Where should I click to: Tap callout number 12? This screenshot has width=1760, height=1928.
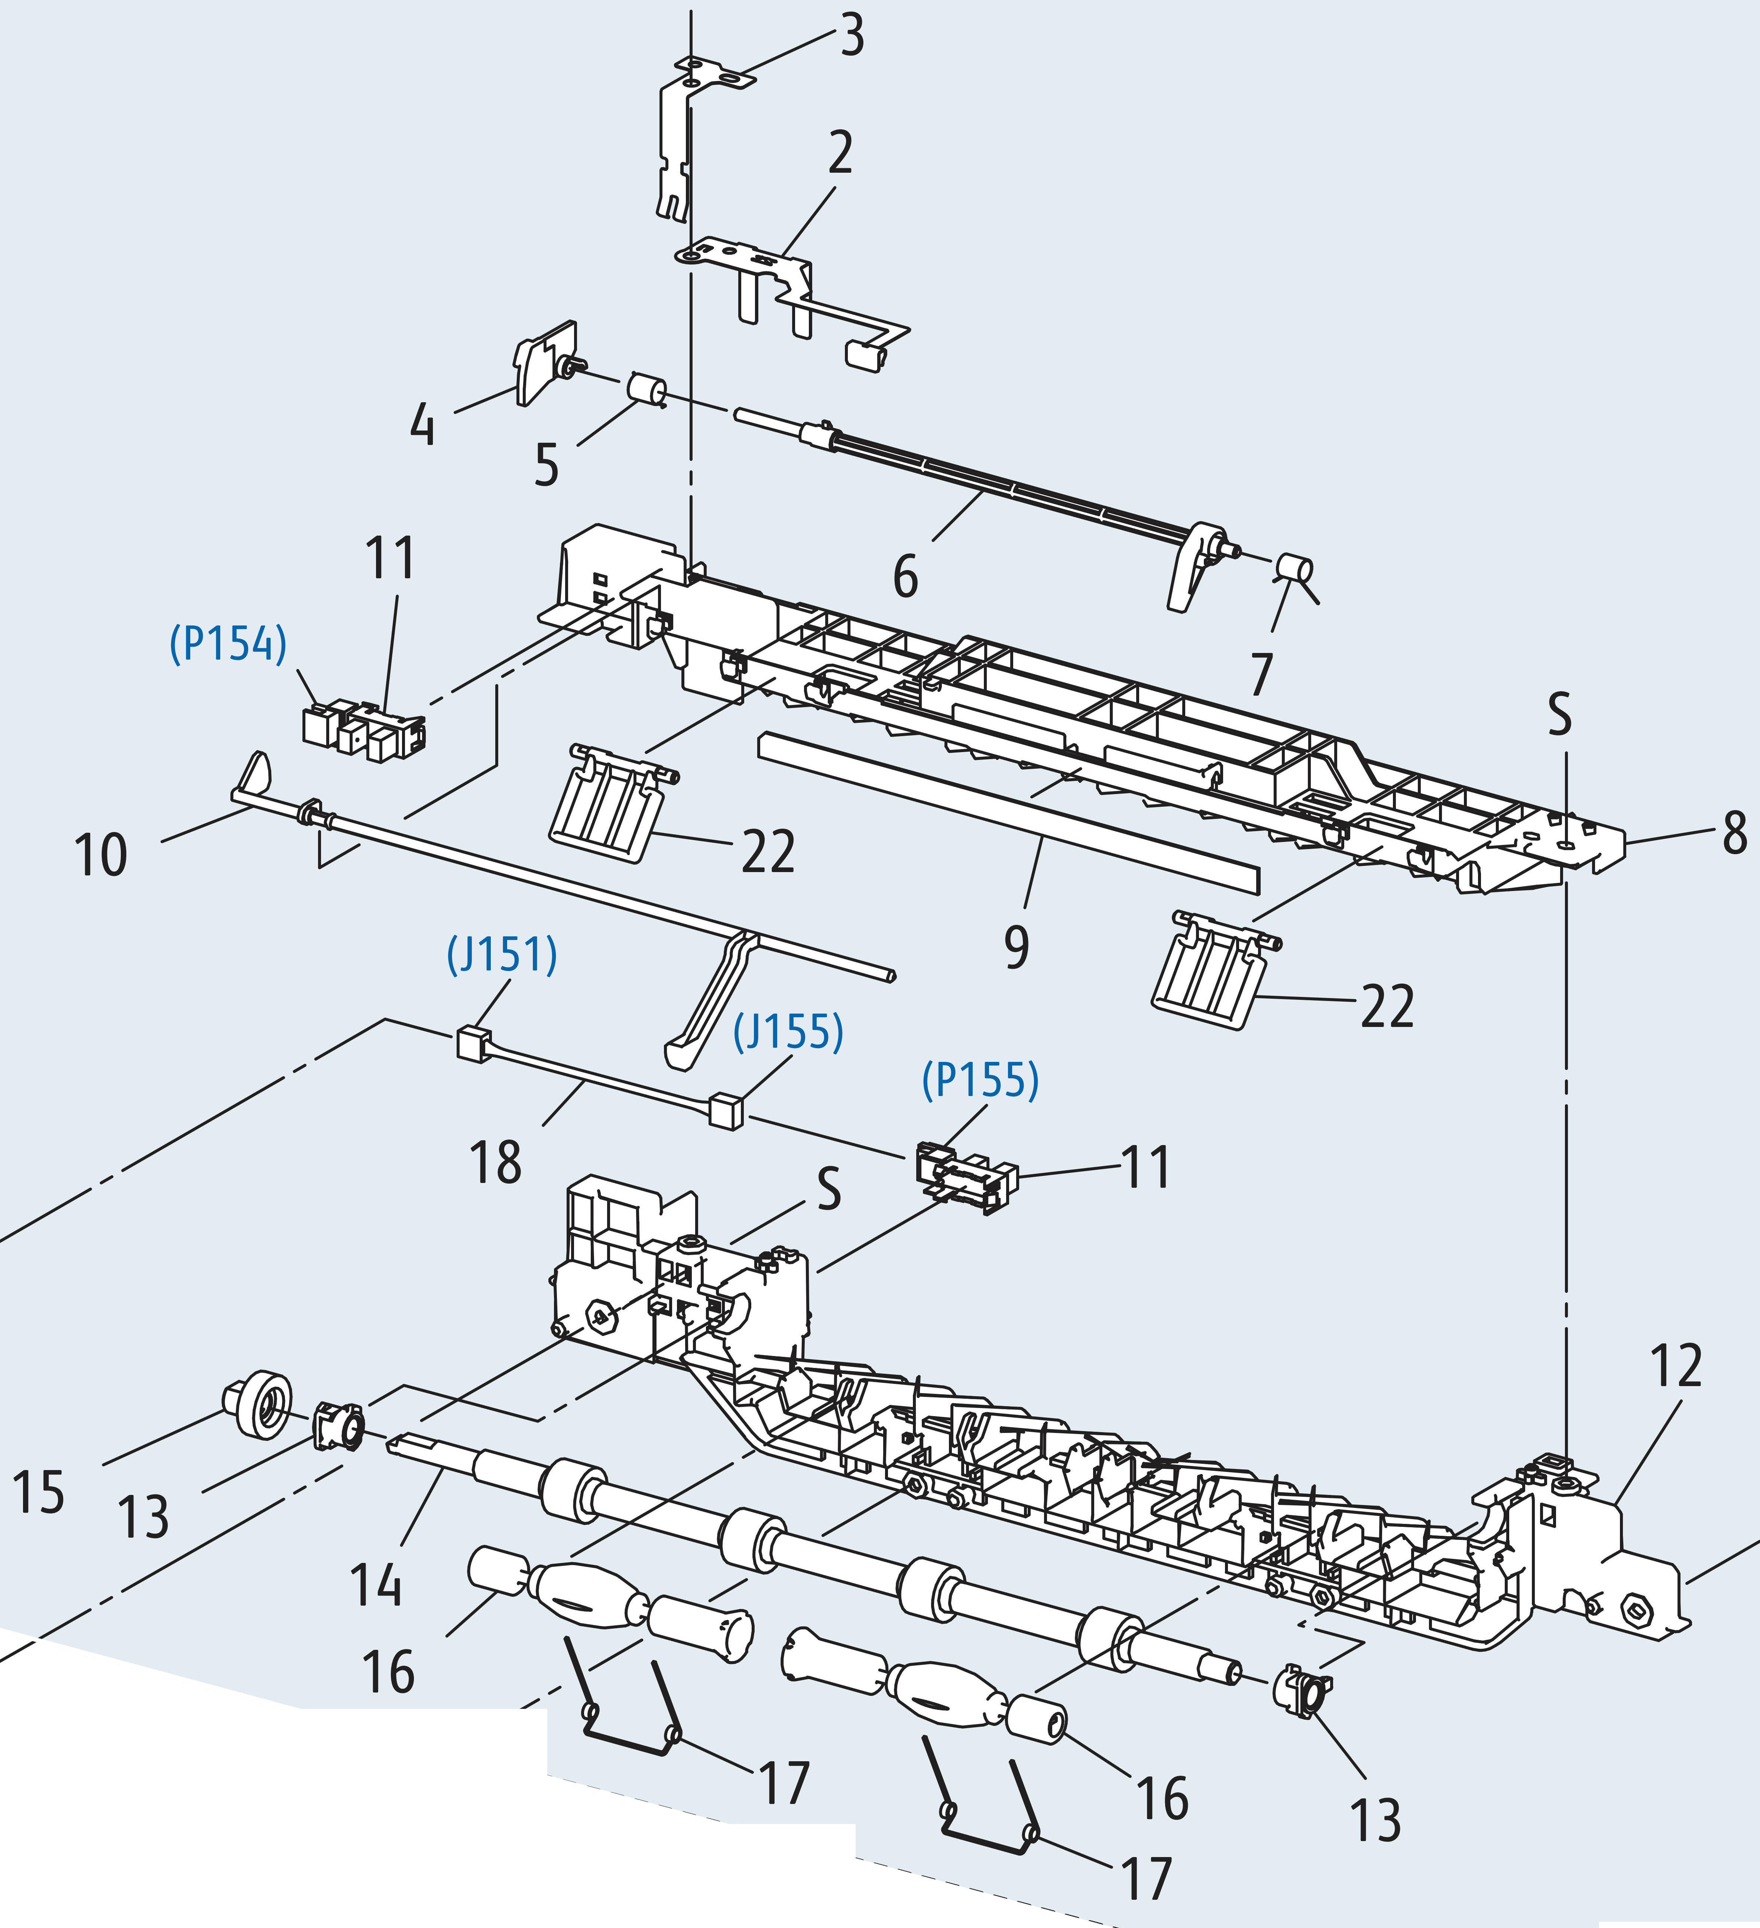click(1676, 1365)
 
